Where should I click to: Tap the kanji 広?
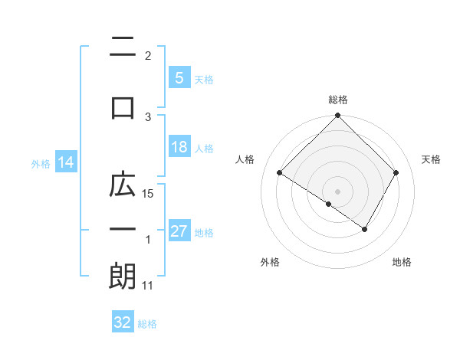pos(123,185)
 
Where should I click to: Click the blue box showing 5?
pos(178,78)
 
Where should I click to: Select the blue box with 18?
pos(179,148)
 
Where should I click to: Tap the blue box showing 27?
pos(179,232)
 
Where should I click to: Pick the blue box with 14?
pos(65,163)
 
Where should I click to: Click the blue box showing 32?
pos(123,322)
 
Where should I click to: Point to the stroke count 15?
pos(149,194)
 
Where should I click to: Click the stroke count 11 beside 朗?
pos(149,286)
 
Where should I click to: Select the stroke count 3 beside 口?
pos(149,116)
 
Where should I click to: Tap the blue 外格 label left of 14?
pos(41,164)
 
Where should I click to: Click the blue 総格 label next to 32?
pos(147,323)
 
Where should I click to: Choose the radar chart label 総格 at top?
pos(337,100)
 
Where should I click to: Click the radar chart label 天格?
pos(431,159)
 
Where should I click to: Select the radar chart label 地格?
pos(402,262)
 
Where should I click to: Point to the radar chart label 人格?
pos(245,159)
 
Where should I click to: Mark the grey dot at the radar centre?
pos(337,191)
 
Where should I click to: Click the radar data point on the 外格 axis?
pos(328,205)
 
